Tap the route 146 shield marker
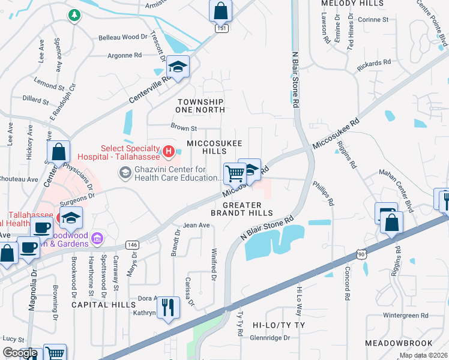pos(133,245)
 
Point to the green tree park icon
pos(74,14)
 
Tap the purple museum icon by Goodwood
pos(96,240)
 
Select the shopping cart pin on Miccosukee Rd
pos(235,173)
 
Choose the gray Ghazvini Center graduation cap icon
pos(125,173)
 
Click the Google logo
pos(20,353)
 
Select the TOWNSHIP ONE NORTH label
pos(200,106)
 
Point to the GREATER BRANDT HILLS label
pos(242,209)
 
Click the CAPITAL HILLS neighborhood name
pos(104,305)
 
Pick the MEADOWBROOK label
pos(399,343)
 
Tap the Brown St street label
pos(184,128)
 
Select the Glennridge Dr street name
pos(270,338)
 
